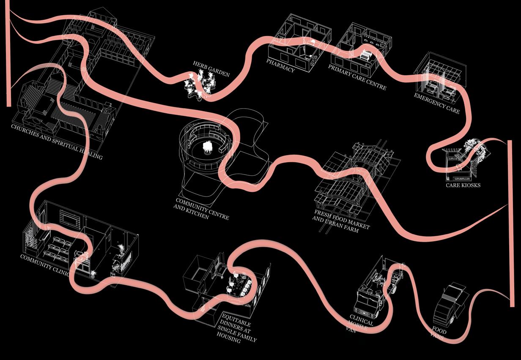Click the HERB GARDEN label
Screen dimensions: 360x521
[x=211, y=69]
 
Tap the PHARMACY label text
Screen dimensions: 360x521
[x=280, y=66]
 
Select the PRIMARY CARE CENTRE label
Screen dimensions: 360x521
[x=357, y=77]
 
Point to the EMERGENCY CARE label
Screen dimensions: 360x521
[x=437, y=104]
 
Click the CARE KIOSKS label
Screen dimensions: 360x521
[x=463, y=185]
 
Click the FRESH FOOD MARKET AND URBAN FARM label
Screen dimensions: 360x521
[x=341, y=221]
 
